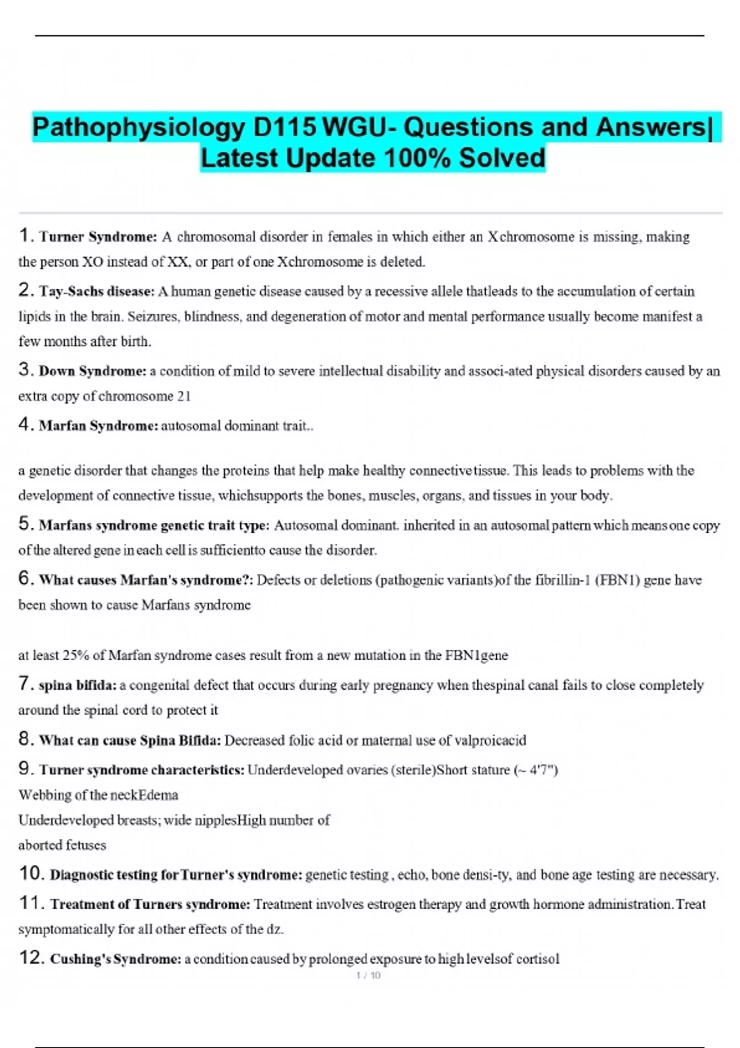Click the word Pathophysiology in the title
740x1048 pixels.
point(138,128)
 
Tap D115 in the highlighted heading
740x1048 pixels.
point(285,128)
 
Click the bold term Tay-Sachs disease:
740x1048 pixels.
point(97,291)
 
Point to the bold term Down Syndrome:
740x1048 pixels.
point(92,371)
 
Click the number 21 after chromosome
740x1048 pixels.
point(184,396)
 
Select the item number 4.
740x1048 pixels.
point(25,424)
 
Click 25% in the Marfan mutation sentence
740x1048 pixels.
point(76,655)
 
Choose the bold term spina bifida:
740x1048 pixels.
point(77,686)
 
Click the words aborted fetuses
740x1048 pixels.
point(62,845)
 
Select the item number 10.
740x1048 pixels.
point(31,874)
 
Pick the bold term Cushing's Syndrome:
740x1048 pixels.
point(116,959)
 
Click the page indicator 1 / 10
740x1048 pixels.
point(369,975)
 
